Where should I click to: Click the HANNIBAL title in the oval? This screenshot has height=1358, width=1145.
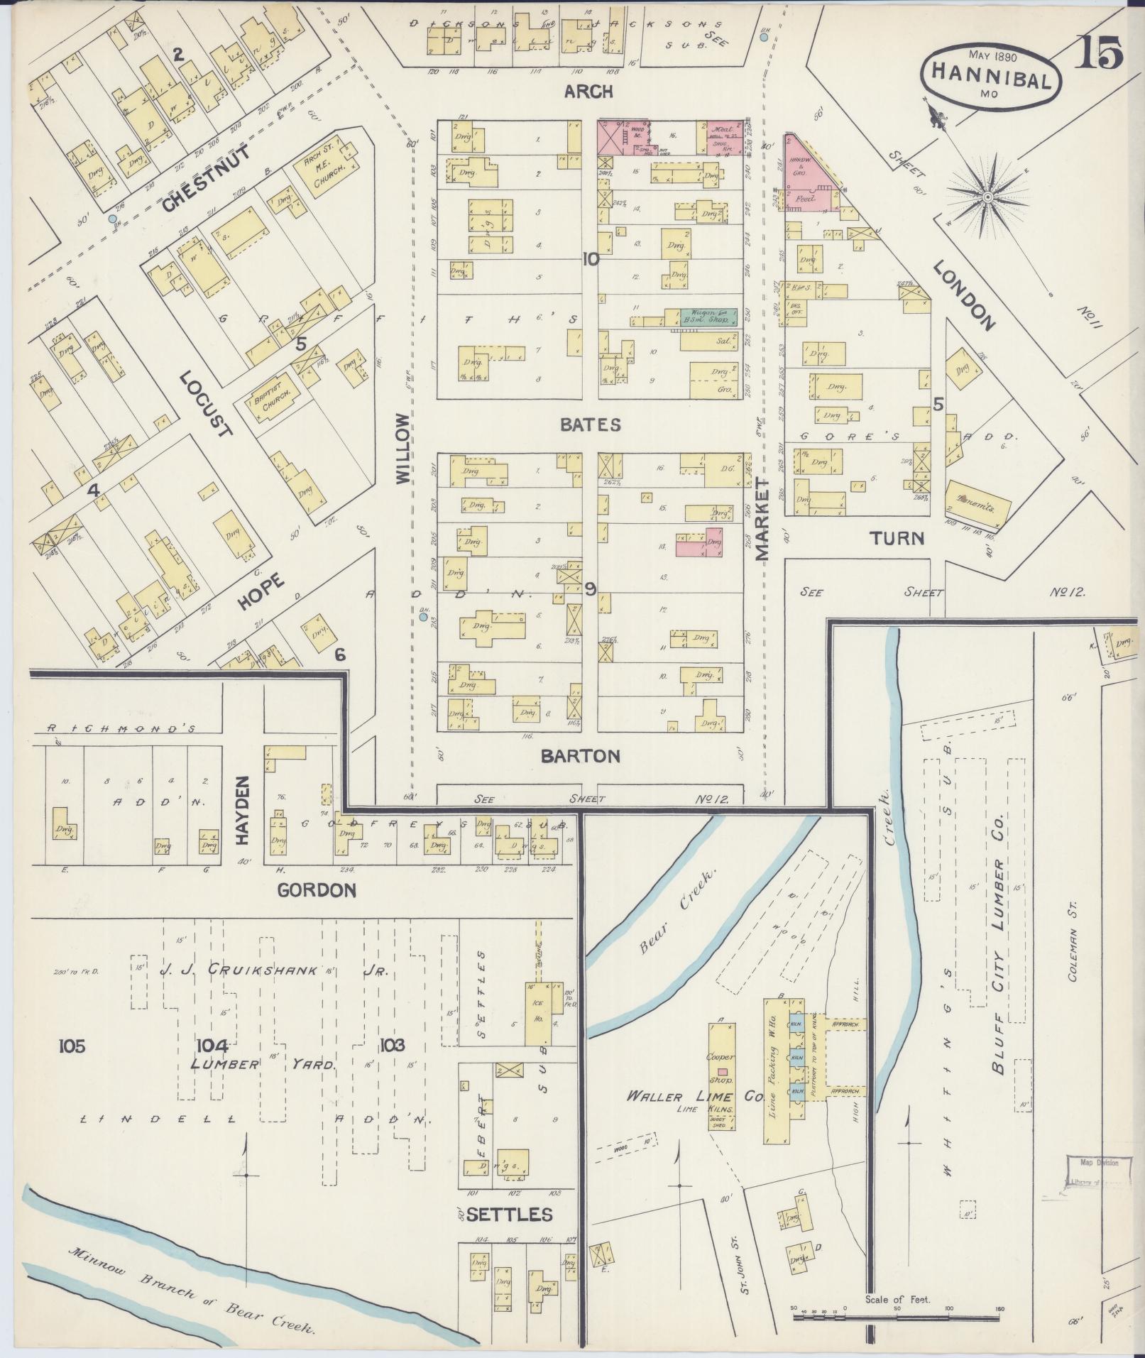[x=991, y=73]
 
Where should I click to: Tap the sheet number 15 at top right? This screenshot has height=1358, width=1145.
[x=1098, y=53]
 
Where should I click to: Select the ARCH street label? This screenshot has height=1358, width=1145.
[x=588, y=92]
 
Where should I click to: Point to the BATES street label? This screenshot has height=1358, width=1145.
[x=590, y=425]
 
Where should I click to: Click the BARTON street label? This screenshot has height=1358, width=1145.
[x=580, y=756]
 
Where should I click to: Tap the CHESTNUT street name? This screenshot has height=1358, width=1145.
[x=205, y=180]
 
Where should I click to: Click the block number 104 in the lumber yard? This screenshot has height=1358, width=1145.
[x=212, y=1045]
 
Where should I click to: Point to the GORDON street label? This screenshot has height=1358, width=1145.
[x=316, y=889]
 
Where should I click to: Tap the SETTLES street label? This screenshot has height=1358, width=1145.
[x=509, y=1215]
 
